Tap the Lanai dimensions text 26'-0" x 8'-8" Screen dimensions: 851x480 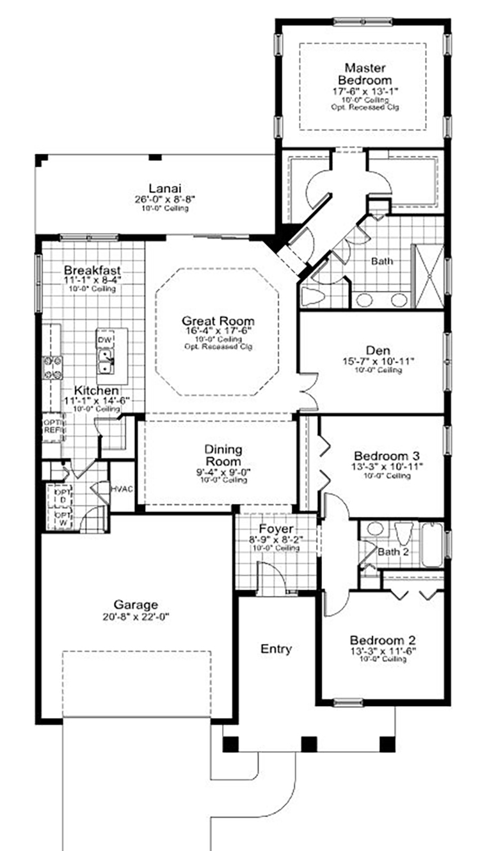(x=164, y=199)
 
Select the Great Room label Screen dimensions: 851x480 (x=218, y=321)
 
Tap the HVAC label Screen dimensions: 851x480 (x=121, y=489)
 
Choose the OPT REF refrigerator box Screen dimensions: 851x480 (x=52, y=427)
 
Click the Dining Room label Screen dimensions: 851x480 (x=223, y=455)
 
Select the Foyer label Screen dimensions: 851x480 (x=276, y=529)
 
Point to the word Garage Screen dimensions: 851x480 (x=135, y=604)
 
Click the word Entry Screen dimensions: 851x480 (x=276, y=649)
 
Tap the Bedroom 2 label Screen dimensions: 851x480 (x=383, y=640)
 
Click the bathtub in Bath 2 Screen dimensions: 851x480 (x=432, y=545)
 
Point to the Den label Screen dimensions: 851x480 (x=374, y=351)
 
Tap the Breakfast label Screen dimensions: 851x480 (x=92, y=270)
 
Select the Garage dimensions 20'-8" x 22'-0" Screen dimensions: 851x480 (x=135, y=617)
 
